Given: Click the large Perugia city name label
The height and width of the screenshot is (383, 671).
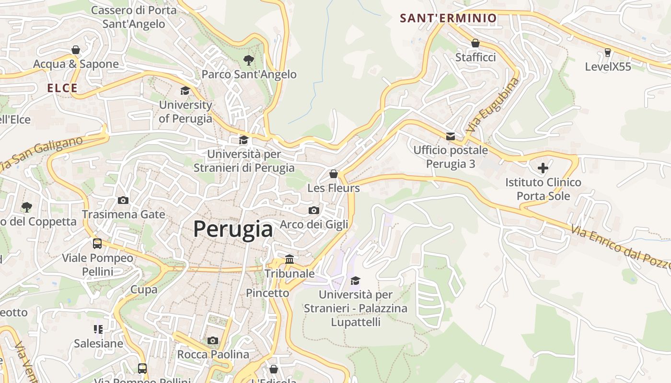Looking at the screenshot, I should tap(233, 229).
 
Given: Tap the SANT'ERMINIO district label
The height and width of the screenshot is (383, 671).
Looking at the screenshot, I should tap(448, 19).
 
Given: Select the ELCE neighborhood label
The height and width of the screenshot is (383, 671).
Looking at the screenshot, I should tap(62, 88).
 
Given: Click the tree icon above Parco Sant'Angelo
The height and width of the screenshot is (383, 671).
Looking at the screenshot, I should tap(248, 60).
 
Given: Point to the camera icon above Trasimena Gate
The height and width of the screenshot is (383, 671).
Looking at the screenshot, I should tap(123, 200).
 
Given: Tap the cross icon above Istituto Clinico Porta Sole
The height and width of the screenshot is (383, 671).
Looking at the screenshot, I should tap(543, 168).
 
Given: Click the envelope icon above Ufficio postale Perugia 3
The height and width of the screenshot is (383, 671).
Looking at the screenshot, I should tap(451, 136).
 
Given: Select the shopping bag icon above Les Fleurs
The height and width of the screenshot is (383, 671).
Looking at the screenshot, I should tap(334, 174).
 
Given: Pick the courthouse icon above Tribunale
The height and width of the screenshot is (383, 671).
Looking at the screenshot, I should tap(289, 259).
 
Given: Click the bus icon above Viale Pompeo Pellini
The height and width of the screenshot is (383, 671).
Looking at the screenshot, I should tap(97, 243).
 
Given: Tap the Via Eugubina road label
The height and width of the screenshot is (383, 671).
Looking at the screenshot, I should tap(493, 105).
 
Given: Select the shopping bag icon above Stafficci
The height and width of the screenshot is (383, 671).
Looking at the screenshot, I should tap(475, 43).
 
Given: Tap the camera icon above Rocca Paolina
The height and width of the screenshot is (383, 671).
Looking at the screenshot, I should tap(213, 340).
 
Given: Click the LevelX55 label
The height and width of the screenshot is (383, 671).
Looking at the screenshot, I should tap(608, 67).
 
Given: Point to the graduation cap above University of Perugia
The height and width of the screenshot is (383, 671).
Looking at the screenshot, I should tap(185, 90).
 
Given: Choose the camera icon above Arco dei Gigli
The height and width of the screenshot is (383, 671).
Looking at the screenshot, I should tap(313, 210).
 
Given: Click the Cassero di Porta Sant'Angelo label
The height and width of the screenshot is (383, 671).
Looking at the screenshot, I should tap(134, 17).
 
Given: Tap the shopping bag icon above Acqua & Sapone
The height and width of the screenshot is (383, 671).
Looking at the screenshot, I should tap(76, 50).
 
